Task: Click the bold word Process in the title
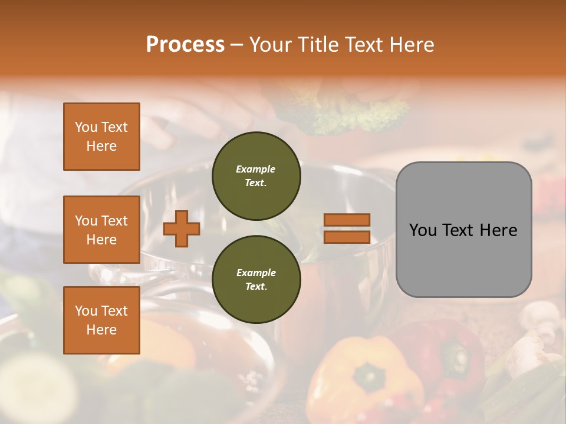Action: [x=185, y=45]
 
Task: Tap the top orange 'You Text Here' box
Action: [x=101, y=137]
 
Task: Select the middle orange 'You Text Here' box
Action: [x=101, y=230]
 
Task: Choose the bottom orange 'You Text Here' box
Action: [x=101, y=320]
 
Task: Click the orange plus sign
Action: [x=182, y=228]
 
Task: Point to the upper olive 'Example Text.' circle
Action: [x=256, y=176]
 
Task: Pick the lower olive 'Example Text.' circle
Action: [x=256, y=279]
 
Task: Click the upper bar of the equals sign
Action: [x=347, y=220]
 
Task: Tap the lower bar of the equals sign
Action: [x=347, y=237]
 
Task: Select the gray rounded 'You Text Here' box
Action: [x=463, y=230]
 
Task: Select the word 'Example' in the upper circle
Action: [x=256, y=169]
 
